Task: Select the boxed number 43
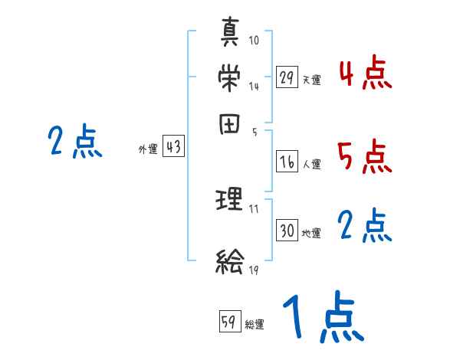click(173, 147)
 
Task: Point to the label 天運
click(311, 80)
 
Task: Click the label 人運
click(311, 164)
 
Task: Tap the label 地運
click(311, 232)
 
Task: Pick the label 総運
click(255, 325)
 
